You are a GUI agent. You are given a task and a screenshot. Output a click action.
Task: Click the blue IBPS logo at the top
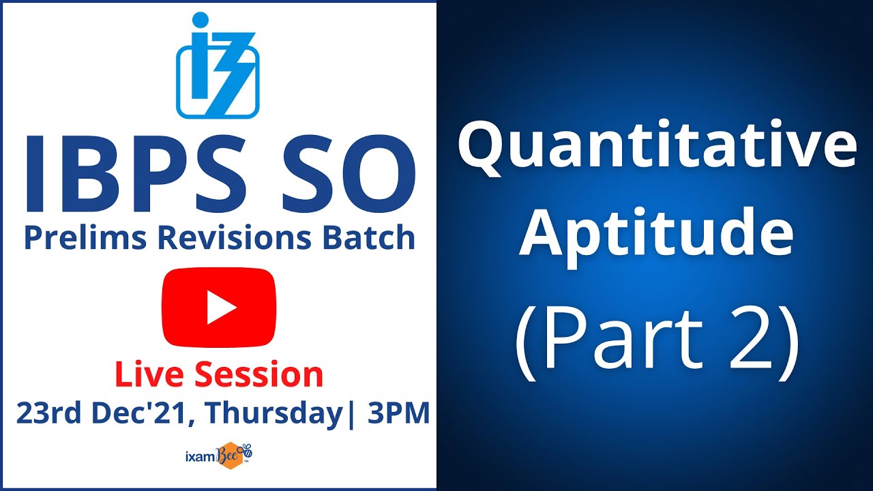pyautogui.click(x=218, y=65)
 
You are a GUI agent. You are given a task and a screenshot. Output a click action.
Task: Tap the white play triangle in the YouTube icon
pyautogui.click(x=220, y=308)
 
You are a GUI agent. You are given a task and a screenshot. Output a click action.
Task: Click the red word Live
pyautogui.click(x=150, y=375)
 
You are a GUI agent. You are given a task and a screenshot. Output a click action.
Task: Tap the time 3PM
pyautogui.click(x=398, y=413)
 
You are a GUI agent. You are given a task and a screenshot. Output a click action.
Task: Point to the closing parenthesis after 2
pyautogui.click(x=789, y=341)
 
